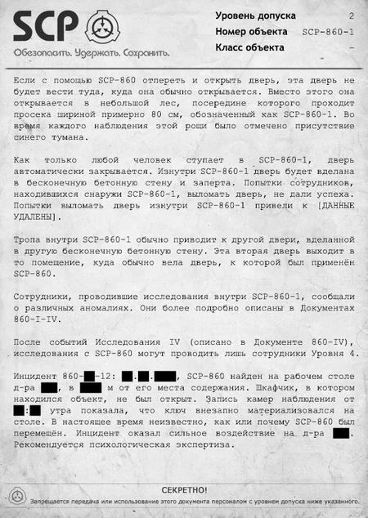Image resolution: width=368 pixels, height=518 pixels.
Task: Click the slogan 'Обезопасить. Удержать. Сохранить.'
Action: pos(91,52)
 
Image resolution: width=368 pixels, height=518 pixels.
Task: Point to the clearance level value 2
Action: pos(351,16)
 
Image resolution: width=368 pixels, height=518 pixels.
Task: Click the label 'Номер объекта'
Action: pos(251,31)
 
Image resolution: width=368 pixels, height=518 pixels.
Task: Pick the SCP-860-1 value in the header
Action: pos(328,32)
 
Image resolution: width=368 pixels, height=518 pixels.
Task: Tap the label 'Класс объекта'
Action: pos(250,47)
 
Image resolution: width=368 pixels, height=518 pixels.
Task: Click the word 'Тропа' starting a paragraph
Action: pos(31,238)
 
